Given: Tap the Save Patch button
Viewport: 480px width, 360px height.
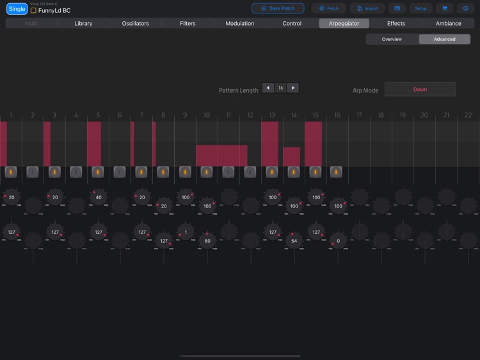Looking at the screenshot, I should (x=278, y=8).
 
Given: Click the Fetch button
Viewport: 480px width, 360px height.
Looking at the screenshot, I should (x=329, y=8).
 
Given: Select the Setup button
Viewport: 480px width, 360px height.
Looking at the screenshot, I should (x=420, y=8).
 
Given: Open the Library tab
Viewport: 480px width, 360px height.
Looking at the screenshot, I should (x=83, y=24).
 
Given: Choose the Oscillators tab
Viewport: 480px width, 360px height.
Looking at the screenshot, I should (x=135, y=24).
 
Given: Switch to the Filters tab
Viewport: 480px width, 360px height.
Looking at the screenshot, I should (x=188, y=24).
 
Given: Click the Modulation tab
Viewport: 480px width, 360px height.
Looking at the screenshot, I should (x=239, y=24).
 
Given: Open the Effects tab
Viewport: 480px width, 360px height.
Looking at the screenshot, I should (x=396, y=24).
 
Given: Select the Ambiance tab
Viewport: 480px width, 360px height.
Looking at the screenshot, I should (x=448, y=24).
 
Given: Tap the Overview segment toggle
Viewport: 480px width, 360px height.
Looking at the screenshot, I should (x=392, y=39).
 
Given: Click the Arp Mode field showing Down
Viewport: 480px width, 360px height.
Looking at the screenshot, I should (x=420, y=89).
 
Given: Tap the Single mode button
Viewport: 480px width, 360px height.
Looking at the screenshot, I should (x=17, y=9).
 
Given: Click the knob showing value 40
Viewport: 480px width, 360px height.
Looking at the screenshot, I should (x=99, y=197).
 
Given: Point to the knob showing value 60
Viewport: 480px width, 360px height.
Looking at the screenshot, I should (x=207, y=240).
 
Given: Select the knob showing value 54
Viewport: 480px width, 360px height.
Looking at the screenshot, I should (x=294, y=240).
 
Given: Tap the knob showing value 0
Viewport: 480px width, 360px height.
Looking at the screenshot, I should (x=338, y=240).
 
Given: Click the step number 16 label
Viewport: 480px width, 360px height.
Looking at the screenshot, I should (x=337, y=115).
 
